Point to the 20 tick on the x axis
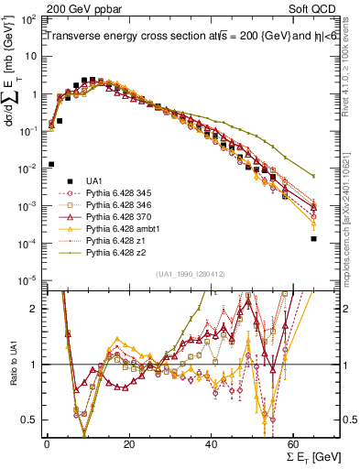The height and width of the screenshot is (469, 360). pos(129,444)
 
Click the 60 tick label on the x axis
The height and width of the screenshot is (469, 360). pos(293,444)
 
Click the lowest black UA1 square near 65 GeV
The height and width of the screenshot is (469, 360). pos(313,239)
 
